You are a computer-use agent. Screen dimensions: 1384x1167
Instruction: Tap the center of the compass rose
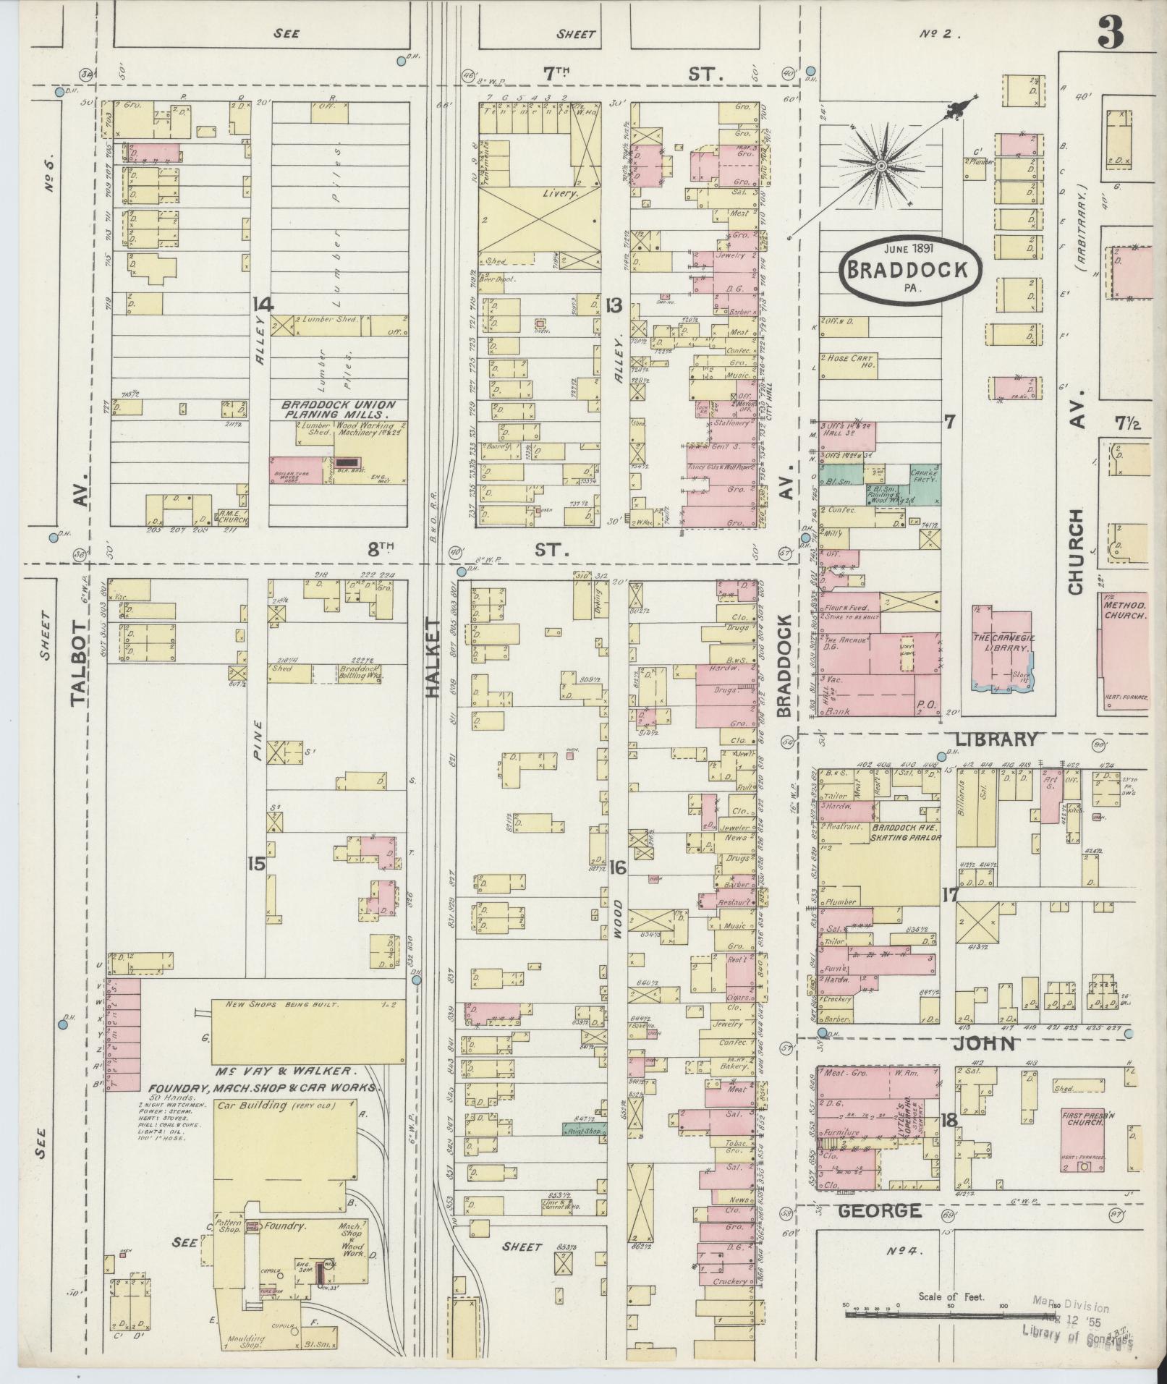881,166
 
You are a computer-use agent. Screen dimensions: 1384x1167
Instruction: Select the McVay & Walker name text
282,1071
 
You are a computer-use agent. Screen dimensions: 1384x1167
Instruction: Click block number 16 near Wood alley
617,867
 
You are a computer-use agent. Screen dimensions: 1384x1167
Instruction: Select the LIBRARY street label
996,739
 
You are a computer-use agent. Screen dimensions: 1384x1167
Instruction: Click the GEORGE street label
880,1210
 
